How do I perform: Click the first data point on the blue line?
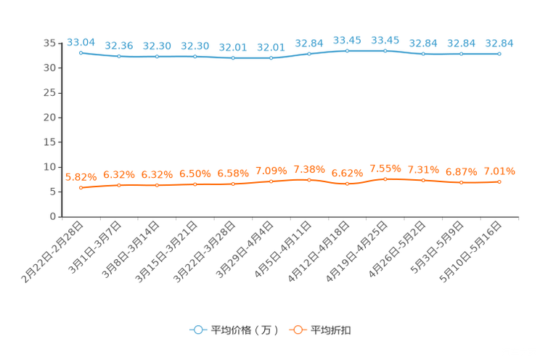coord(81,53)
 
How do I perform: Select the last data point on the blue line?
coord(499,54)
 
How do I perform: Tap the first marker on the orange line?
coord(81,188)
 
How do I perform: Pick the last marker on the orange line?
coord(499,181)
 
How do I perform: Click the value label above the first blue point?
coord(81,41)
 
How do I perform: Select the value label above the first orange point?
coord(81,176)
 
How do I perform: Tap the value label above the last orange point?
coord(499,171)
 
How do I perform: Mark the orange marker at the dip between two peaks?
coord(347,184)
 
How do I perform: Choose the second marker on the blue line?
coord(118,56)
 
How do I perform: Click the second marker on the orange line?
coord(118,185)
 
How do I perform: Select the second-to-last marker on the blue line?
coord(461,54)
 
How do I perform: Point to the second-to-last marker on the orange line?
coord(461,182)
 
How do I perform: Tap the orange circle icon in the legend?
coord(298,330)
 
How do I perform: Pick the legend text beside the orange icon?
coord(332,330)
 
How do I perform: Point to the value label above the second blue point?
coord(118,45)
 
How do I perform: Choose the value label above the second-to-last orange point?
coord(461,171)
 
